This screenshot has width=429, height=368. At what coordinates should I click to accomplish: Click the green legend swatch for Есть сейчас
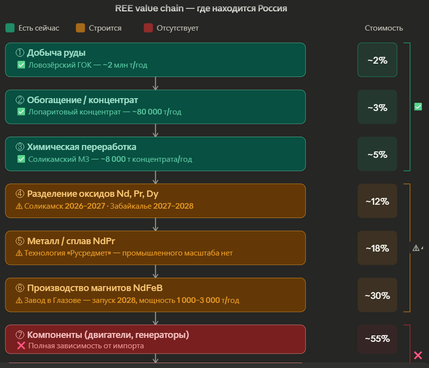[x=10, y=28]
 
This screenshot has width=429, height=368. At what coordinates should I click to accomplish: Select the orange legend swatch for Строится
[x=81, y=28]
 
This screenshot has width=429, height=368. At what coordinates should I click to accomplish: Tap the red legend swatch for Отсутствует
[x=148, y=28]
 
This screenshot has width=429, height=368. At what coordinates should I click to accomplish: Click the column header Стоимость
[x=384, y=28]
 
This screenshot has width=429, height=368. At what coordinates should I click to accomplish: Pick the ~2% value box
[x=377, y=60]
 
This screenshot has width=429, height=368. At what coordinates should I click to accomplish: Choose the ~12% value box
[x=377, y=201]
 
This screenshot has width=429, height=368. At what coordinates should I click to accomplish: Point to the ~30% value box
[x=377, y=295]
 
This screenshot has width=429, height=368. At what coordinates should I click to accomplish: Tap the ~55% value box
[x=377, y=339]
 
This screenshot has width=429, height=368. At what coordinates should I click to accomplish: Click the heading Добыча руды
[x=57, y=53]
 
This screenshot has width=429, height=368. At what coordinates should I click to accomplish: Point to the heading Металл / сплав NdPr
[x=71, y=241]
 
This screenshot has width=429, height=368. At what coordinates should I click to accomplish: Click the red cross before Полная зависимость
[x=21, y=346]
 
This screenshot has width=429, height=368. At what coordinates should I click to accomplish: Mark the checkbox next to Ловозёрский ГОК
[x=21, y=65]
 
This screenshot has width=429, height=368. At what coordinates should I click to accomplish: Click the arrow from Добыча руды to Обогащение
[x=155, y=83]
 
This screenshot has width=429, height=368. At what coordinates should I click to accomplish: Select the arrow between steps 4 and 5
[x=155, y=224]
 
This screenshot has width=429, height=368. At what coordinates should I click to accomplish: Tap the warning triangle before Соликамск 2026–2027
[x=20, y=206]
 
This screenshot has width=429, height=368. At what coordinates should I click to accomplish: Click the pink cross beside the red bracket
[x=418, y=355]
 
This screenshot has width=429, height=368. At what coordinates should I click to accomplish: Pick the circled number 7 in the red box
[x=20, y=335]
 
